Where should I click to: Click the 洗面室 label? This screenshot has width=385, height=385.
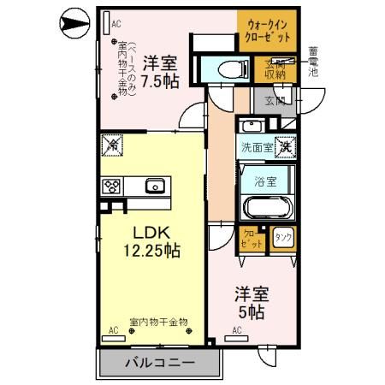[257, 147]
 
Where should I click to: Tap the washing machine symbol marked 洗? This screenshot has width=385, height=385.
[285, 147]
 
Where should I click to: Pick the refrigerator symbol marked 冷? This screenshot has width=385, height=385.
[111, 146]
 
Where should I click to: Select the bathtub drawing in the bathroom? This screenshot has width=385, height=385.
[265, 208]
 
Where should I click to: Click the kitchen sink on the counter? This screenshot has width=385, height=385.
[155, 185]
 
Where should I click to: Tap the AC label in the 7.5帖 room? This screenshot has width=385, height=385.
[116, 25]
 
